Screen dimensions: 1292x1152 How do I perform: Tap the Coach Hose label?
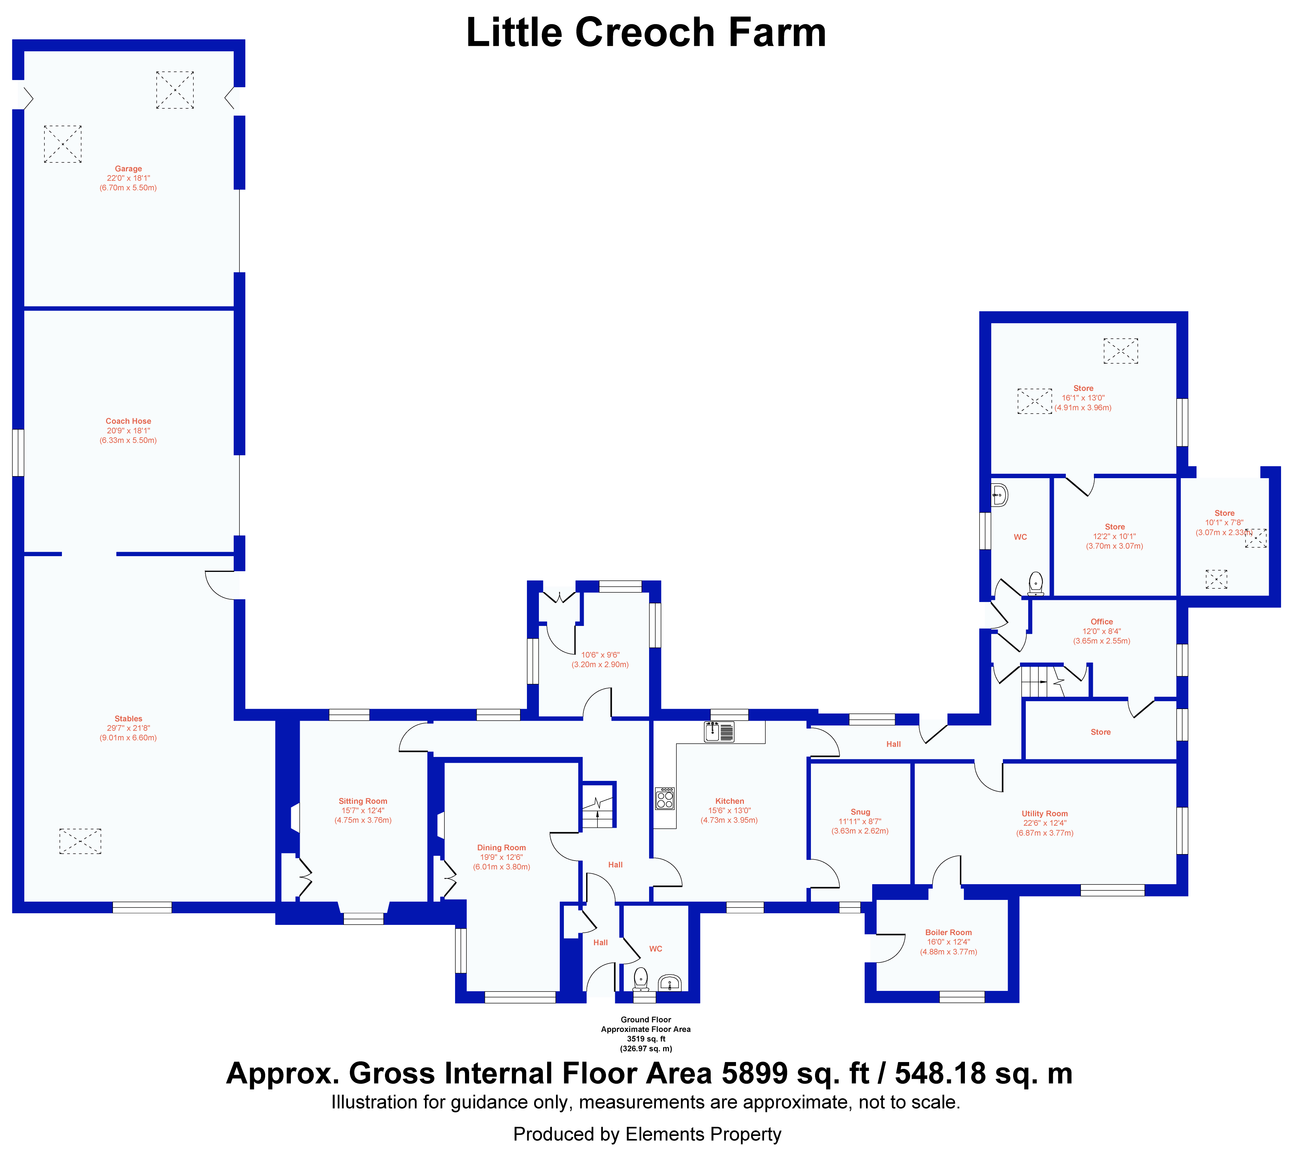tap(129, 421)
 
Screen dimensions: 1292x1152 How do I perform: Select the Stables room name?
tap(129, 718)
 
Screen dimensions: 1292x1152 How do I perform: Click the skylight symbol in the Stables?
tap(80, 841)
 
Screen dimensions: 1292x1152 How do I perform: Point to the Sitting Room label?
tap(363, 801)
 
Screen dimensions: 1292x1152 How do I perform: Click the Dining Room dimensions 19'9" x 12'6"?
tap(501, 857)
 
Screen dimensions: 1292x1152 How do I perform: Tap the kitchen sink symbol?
tap(719, 732)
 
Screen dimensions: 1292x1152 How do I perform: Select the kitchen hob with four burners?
tap(665, 799)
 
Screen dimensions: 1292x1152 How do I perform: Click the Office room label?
tap(1101, 621)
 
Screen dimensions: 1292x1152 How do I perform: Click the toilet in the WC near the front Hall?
tap(641, 979)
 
